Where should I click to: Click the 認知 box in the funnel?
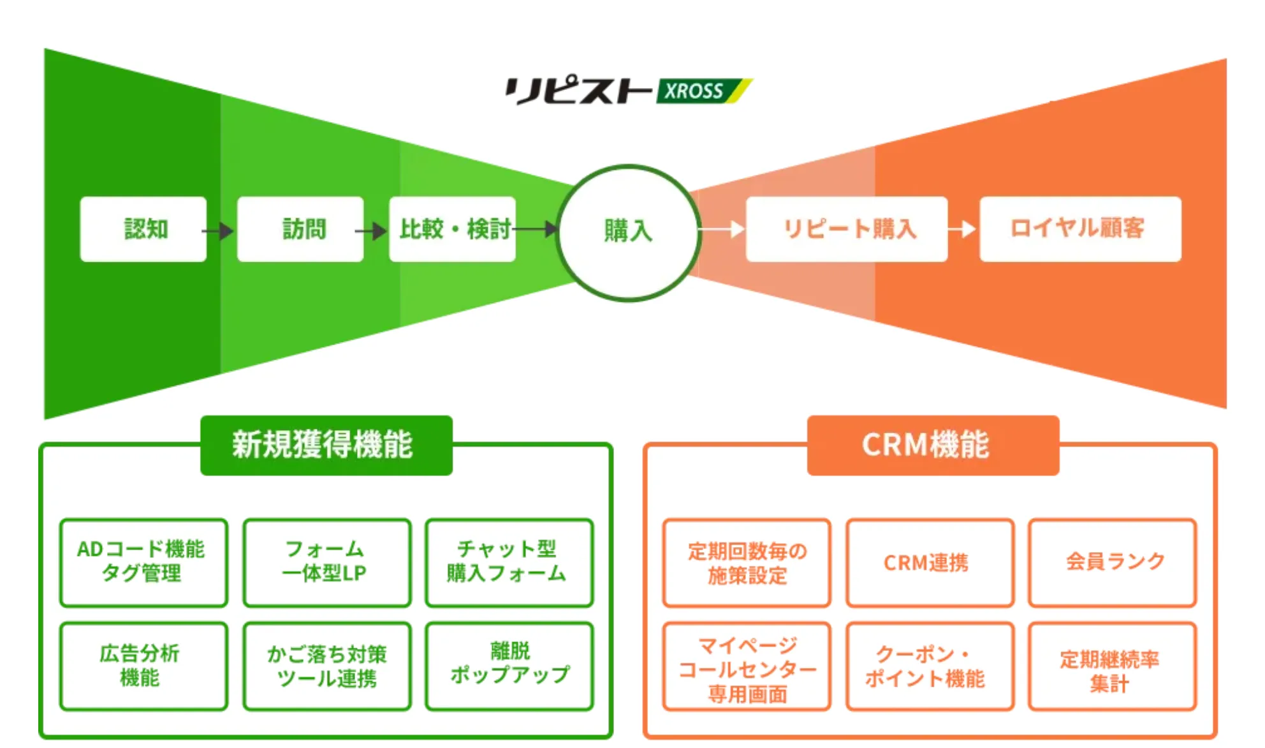pos(143,229)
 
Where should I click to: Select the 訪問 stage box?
pos(300,229)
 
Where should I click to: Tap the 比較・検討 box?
pos(453,229)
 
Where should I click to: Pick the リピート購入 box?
pos(847,229)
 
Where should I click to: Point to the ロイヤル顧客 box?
pos(1080,229)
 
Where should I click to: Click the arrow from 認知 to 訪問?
pos(220,230)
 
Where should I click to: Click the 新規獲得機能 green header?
pos(326,445)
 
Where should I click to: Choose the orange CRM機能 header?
pos(933,445)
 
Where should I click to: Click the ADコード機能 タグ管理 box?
pos(143,562)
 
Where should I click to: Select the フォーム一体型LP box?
pos(326,562)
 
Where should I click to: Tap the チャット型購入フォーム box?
pos(509,562)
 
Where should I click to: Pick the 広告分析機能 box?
pos(143,666)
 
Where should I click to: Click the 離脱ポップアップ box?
pos(509,666)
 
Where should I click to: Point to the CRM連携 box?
pos(930,562)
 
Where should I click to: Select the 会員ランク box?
pos(1112,562)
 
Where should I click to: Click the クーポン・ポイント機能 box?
pos(930,666)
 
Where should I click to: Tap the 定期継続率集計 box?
pos(1112,666)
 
